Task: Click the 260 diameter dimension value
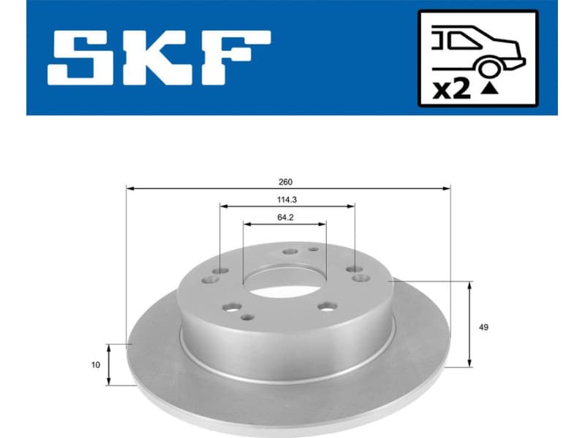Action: tap(288, 181)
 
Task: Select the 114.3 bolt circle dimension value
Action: tap(288, 198)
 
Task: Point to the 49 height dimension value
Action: tap(483, 326)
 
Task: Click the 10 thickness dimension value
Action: tap(96, 364)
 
